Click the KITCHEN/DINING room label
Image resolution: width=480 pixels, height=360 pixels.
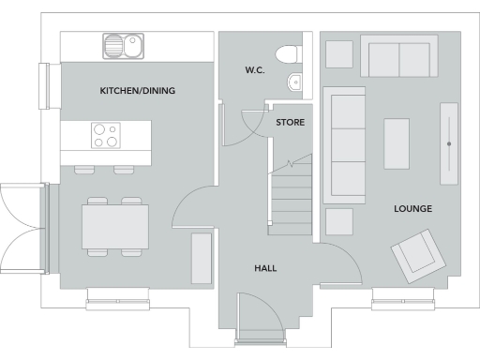point(138,91)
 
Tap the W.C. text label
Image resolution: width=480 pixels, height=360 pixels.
point(255,69)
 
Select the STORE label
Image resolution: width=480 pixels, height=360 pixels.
point(290,122)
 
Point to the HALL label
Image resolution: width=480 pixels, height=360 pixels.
point(265,268)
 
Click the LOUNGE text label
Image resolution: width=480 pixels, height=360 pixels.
point(412,208)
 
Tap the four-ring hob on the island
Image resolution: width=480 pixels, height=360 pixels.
point(106,137)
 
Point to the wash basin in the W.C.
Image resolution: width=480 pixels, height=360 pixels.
point(296,82)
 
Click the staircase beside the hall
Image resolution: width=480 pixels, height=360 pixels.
point(291,197)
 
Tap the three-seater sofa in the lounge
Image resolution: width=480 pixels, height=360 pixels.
point(344,144)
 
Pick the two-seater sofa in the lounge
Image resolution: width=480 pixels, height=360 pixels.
point(399,59)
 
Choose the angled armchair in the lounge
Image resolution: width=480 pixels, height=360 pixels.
point(413,254)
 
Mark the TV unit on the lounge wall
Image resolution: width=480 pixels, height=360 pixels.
point(450,142)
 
